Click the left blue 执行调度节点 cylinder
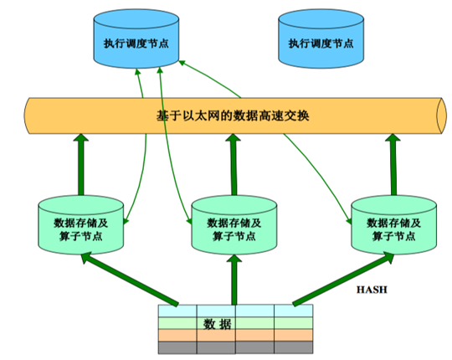tap(136, 39)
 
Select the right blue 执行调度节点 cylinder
tap(321, 39)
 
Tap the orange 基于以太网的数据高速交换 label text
tap(233, 116)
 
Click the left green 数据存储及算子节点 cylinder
tap(81, 225)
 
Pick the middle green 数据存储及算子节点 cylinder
tap(234, 225)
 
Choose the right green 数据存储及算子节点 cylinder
tap(393, 225)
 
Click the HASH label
tap(372, 290)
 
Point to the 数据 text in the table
tap(217, 324)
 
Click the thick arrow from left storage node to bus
tap(81, 165)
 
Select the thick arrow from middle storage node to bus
tap(234, 165)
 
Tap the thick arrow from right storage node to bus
tap(393, 165)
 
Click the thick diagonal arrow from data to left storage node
tap(130, 279)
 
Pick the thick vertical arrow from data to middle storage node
tap(234, 280)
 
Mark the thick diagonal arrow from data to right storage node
tap(343, 279)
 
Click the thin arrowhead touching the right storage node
tap(349, 221)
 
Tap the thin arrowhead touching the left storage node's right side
tap(126, 221)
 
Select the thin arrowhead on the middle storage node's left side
tap(189, 220)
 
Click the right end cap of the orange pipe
tap(442, 116)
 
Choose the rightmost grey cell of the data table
tap(294, 347)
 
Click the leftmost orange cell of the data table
tap(177, 335)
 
